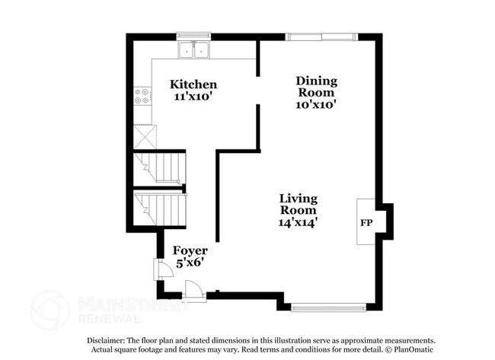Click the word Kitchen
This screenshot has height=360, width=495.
(x=193, y=84)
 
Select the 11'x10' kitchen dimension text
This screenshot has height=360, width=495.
(x=193, y=97)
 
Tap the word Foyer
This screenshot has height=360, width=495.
(x=190, y=250)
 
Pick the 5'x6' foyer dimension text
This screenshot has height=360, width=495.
(x=190, y=263)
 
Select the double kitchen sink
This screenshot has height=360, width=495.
(x=194, y=49)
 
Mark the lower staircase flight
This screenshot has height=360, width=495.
(x=160, y=206)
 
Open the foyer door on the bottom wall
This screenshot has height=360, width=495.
(x=195, y=290)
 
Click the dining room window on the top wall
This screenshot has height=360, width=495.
(x=320, y=36)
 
